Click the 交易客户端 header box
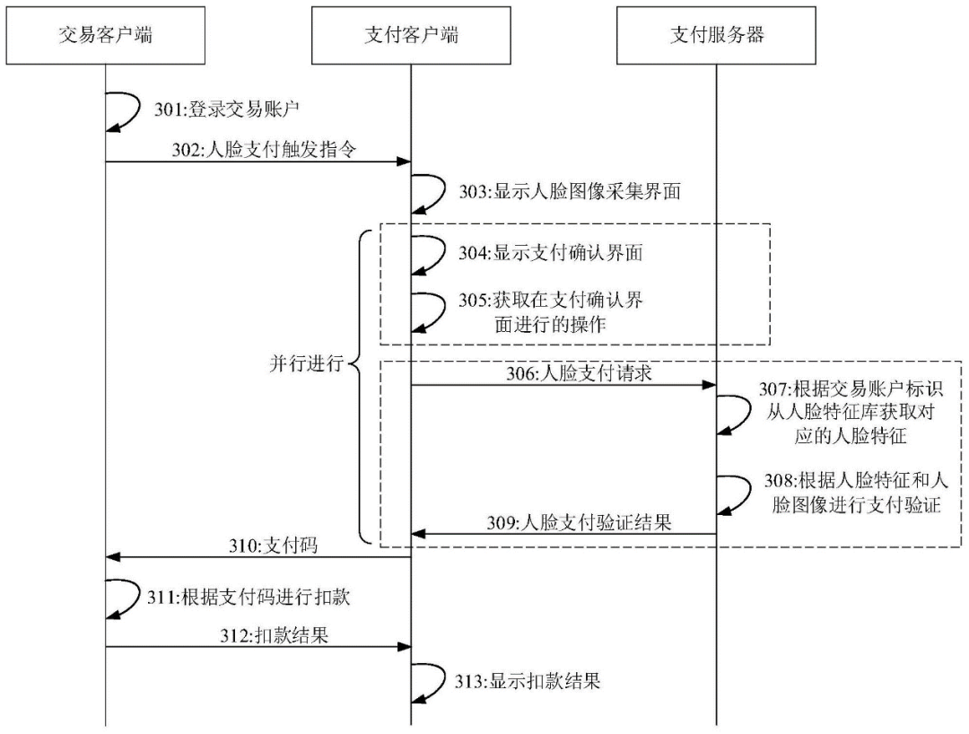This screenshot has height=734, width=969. click(106, 36)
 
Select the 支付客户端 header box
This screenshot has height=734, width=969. click(411, 36)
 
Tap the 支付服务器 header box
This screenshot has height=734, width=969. click(717, 36)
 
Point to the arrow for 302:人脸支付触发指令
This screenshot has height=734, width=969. click(258, 162)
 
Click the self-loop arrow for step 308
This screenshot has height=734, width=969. click(738, 494)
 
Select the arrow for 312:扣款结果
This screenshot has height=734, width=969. click(258, 646)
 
